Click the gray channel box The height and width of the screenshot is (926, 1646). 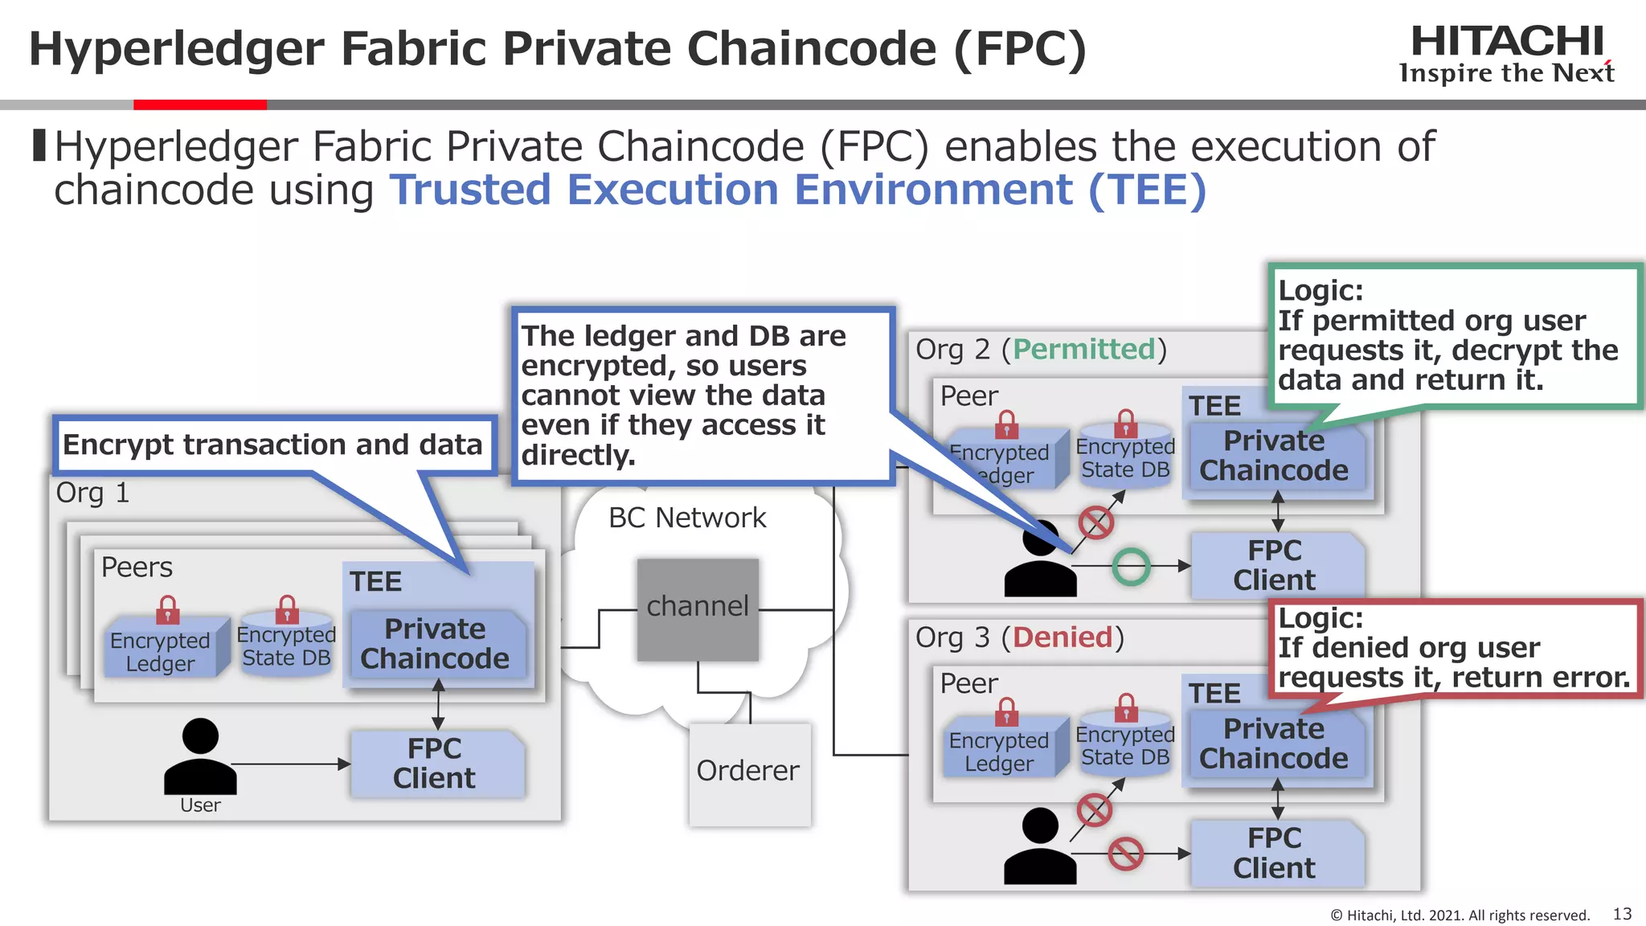tap(698, 609)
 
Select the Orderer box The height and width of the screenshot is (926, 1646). tap(749, 773)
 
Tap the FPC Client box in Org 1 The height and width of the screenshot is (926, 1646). tap(436, 764)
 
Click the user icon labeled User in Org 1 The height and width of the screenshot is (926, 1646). tap(200, 757)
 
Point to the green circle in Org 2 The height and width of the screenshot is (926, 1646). tap(1131, 567)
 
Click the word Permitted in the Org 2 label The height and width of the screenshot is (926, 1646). tap(1083, 349)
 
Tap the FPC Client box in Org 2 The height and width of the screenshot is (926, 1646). tap(1275, 565)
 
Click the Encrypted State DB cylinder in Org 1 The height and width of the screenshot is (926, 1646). tap(286, 645)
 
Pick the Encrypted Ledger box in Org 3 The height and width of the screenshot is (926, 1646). tap(999, 751)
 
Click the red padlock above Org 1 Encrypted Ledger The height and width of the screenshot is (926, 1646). tap(167, 610)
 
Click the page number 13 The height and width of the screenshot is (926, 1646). tap(1622, 914)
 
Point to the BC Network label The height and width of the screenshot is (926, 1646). tap(687, 518)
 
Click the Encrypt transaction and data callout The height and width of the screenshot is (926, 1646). tap(273, 445)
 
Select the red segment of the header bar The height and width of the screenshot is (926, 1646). tap(199, 104)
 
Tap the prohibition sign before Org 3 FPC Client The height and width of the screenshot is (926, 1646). tap(1125, 854)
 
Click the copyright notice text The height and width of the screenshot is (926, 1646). tap(1460, 915)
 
